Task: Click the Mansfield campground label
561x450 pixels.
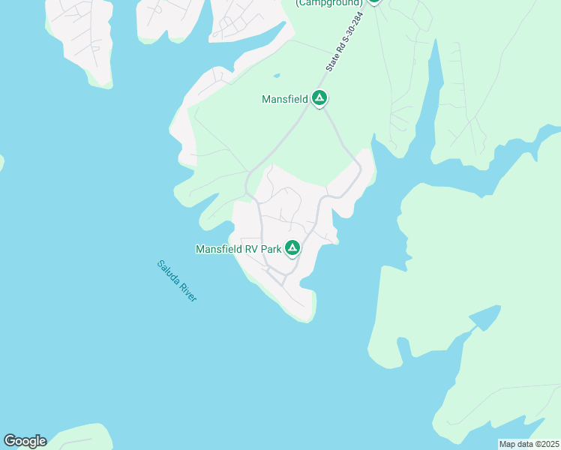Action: click(284, 98)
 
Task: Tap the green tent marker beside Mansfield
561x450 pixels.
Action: click(319, 97)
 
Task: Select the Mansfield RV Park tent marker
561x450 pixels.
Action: click(292, 247)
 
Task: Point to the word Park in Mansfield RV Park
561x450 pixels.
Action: click(272, 249)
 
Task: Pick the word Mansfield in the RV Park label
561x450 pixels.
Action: click(220, 249)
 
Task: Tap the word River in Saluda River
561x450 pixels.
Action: click(187, 292)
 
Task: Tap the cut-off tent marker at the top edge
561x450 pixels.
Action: click(373, 1)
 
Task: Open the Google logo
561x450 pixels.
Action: click(25, 441)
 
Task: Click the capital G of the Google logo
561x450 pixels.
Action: click(10, 440)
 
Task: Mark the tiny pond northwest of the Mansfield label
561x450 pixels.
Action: click(277, 75)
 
